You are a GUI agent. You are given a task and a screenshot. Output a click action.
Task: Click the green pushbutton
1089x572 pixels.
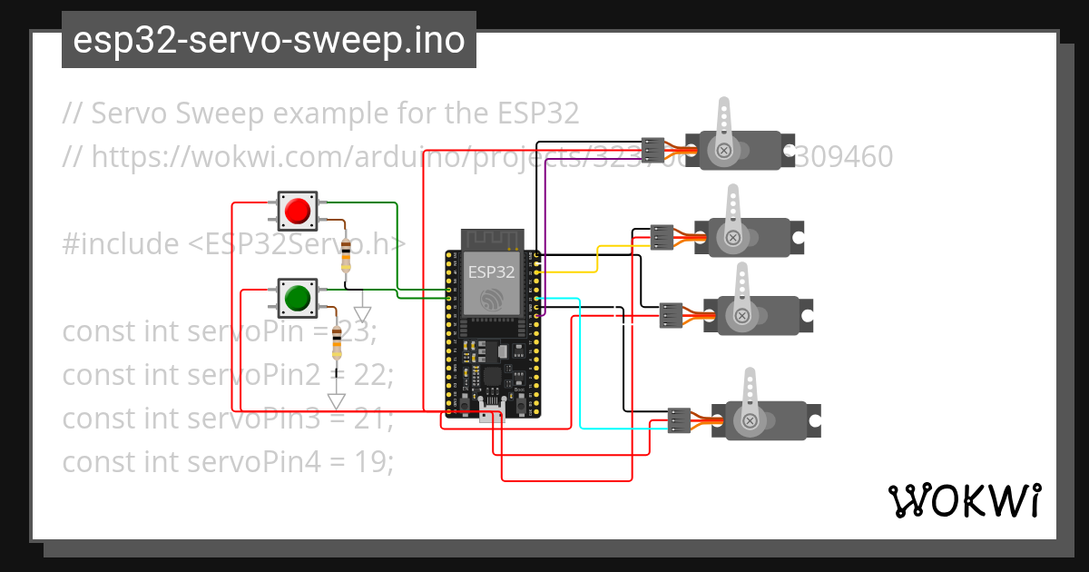point(297,297)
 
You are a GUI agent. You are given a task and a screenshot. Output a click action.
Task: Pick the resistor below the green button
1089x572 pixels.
point(337,342)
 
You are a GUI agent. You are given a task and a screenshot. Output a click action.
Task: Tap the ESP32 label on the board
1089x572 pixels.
point(491,271)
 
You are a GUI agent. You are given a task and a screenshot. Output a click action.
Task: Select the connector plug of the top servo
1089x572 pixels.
point(653,148)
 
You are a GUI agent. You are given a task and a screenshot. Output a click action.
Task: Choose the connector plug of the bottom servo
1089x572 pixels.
point(679,419)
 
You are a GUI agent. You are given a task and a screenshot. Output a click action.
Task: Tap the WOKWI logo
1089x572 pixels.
point(964,500)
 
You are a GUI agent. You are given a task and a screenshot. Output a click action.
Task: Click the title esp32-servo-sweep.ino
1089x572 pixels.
point(269,41)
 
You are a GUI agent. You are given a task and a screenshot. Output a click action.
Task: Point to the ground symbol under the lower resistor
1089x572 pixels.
point(337,400)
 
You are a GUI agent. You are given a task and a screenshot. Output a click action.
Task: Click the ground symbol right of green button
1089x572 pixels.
point(363,313)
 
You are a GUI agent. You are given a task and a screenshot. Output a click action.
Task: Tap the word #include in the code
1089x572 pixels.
point(121,244)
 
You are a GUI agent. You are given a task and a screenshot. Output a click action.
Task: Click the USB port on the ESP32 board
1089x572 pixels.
point(491,416)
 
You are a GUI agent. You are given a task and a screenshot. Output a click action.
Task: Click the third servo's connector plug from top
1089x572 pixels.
point(671,314)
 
